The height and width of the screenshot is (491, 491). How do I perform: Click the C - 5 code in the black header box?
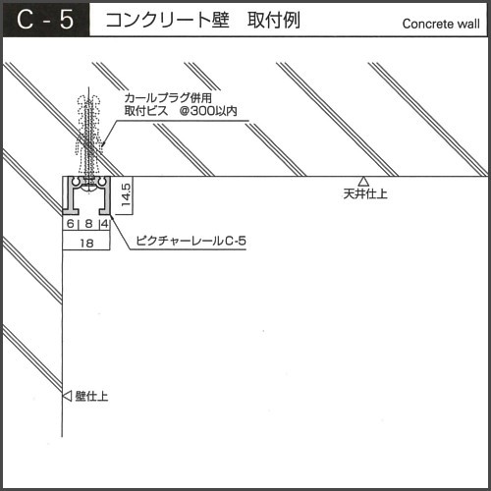click(45, 20)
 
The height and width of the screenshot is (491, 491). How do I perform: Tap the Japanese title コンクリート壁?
click(167, 20)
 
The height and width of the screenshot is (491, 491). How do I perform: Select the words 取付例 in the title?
click(274, 20)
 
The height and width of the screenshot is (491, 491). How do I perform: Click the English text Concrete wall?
click(441, 24)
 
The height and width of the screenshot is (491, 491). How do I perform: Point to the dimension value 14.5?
click(126, 194)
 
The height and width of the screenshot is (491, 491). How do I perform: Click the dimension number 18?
click(86, 244)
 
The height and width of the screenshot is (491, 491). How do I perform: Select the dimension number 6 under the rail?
click(71, 224)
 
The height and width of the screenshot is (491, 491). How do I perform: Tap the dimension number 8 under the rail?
click(88, 224)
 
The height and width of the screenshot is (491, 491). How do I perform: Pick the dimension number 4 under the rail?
click(105, 224)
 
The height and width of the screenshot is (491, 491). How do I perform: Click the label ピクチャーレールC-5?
click(191, 241)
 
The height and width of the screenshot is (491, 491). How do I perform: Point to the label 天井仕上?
click(365, 193)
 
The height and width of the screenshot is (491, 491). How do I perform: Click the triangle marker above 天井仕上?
click(363, 182)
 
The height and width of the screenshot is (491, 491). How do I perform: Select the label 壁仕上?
click(91, 396)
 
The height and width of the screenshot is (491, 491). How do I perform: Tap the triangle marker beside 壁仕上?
click(67, 396)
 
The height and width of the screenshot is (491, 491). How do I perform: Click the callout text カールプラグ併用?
click(168, 98)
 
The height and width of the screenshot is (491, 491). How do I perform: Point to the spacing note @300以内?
click(208, 111)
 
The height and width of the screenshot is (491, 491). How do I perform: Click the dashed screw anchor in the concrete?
click(88, 136)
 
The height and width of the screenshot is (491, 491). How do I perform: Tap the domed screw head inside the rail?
click(88, 187)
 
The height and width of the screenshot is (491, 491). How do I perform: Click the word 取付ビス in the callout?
click(146, 111)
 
